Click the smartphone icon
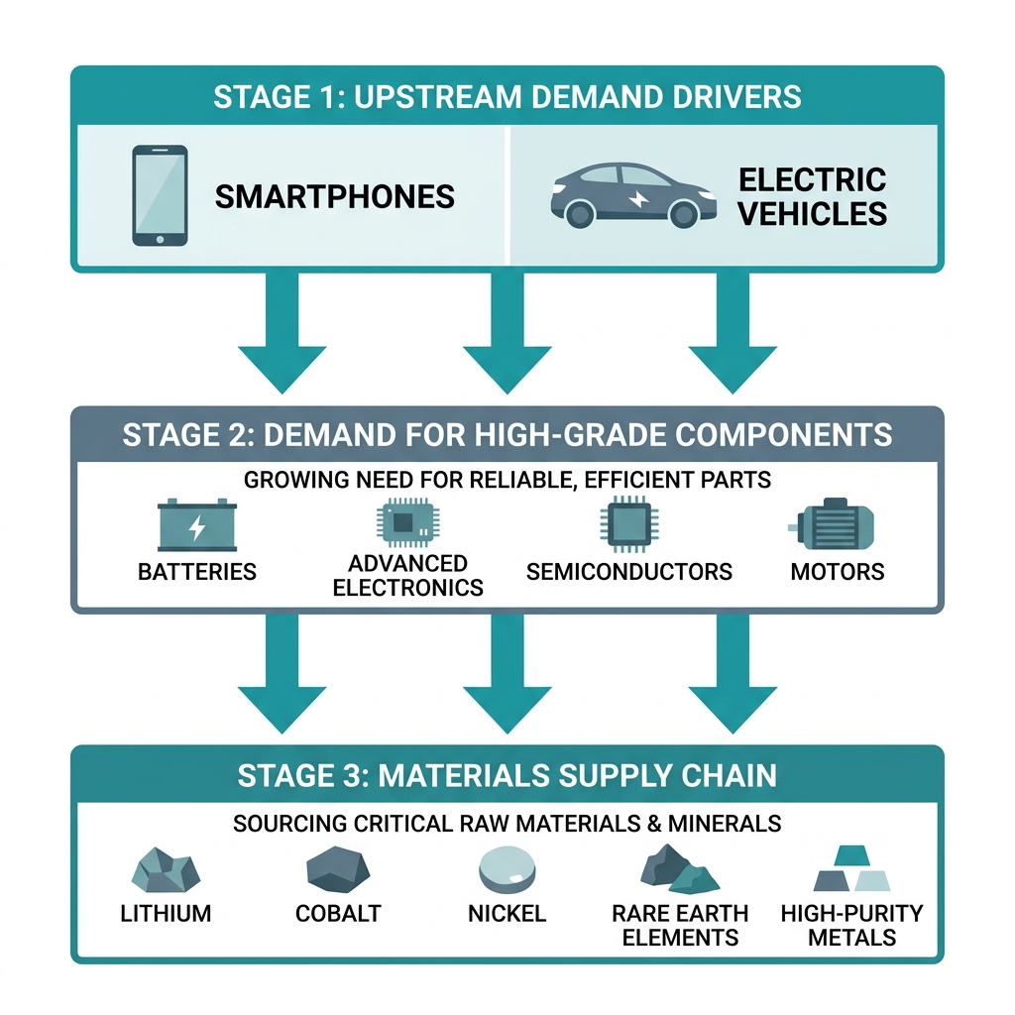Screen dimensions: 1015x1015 (160, 195)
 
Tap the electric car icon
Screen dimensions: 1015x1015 (633, 195)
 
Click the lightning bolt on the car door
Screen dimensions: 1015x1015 (639, 198)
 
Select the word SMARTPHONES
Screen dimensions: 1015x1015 (335, 197)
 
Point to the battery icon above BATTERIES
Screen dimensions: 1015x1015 (197, 525)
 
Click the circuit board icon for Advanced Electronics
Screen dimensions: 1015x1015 (407, 521)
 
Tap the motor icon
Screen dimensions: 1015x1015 (832, 525)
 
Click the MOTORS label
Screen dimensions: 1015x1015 (837, 572)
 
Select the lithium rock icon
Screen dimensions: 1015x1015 (166, 870)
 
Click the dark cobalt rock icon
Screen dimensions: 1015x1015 (338, 869)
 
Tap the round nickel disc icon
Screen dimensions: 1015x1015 (507, 870)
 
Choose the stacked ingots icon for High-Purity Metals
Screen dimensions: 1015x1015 (851, 868)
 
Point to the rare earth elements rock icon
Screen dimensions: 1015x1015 (680, 868)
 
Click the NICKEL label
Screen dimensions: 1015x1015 (507, 913)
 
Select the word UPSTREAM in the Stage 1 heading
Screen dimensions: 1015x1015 (437, 97)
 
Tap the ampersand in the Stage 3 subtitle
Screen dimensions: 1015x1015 (654, 824)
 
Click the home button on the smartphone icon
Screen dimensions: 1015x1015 (160, 240)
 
